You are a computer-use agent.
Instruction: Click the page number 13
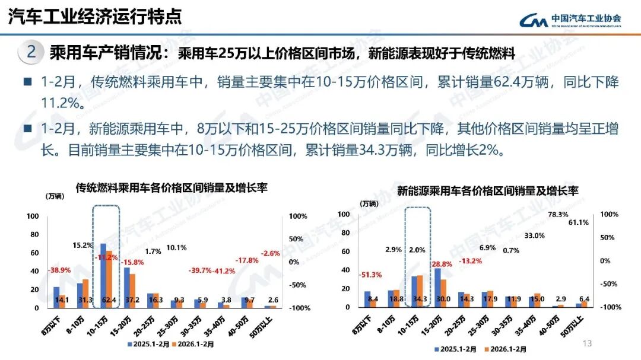588,343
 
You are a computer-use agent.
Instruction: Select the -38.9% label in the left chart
59,270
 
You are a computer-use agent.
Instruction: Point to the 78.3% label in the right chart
558,215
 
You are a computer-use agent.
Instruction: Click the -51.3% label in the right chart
370,275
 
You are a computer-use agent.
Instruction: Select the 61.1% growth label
578,222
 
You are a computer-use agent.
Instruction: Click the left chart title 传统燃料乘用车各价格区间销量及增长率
171,188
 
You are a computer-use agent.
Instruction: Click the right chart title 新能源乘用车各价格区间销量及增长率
487,191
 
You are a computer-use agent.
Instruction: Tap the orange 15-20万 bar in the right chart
443,291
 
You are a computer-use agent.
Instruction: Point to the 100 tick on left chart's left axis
33,216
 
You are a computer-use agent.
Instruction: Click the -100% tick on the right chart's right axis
611,307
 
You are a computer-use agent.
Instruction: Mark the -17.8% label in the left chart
246,260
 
